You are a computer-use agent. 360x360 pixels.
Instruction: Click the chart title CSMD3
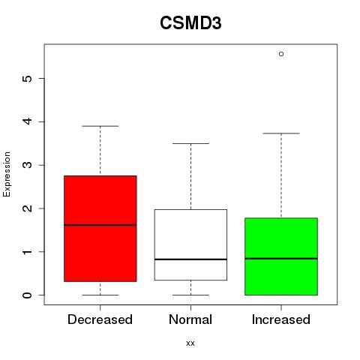tap(190, 23)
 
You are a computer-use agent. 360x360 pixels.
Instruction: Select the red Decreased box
tap(100, 229)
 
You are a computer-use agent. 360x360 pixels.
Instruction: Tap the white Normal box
tap(190, 244)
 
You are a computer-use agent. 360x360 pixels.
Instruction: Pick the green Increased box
tap(281, 256)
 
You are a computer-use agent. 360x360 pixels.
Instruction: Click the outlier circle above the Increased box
tap(281, 54)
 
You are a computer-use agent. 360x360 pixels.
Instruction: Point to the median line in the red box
tap(100, 225)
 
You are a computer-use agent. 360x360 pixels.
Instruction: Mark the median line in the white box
tap(190, 259)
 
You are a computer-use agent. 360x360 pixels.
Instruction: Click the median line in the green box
tap(281, 259)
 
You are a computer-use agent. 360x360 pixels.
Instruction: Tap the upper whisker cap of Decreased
tap(100, 126)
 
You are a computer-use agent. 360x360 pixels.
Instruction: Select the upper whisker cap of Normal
tap(190, 143)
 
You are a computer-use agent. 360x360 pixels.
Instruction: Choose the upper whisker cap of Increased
tap(281, 133)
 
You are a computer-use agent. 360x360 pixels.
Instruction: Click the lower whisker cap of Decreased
tap(100, 295)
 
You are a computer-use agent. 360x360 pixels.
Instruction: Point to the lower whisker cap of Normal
tap(190, 295)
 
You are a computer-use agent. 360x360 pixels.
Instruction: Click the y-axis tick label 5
tap(28, 79)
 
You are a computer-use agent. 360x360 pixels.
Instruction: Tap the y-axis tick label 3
tap(28, 165)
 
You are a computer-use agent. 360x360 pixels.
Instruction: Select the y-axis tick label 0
tap(28, 295)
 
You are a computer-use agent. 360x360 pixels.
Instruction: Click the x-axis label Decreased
tap(100, 319)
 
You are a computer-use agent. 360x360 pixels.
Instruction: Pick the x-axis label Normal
tap(190, 319)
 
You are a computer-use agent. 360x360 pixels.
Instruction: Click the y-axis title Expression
tap(7, 174)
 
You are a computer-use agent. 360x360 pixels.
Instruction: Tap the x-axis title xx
tap(190, 343)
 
